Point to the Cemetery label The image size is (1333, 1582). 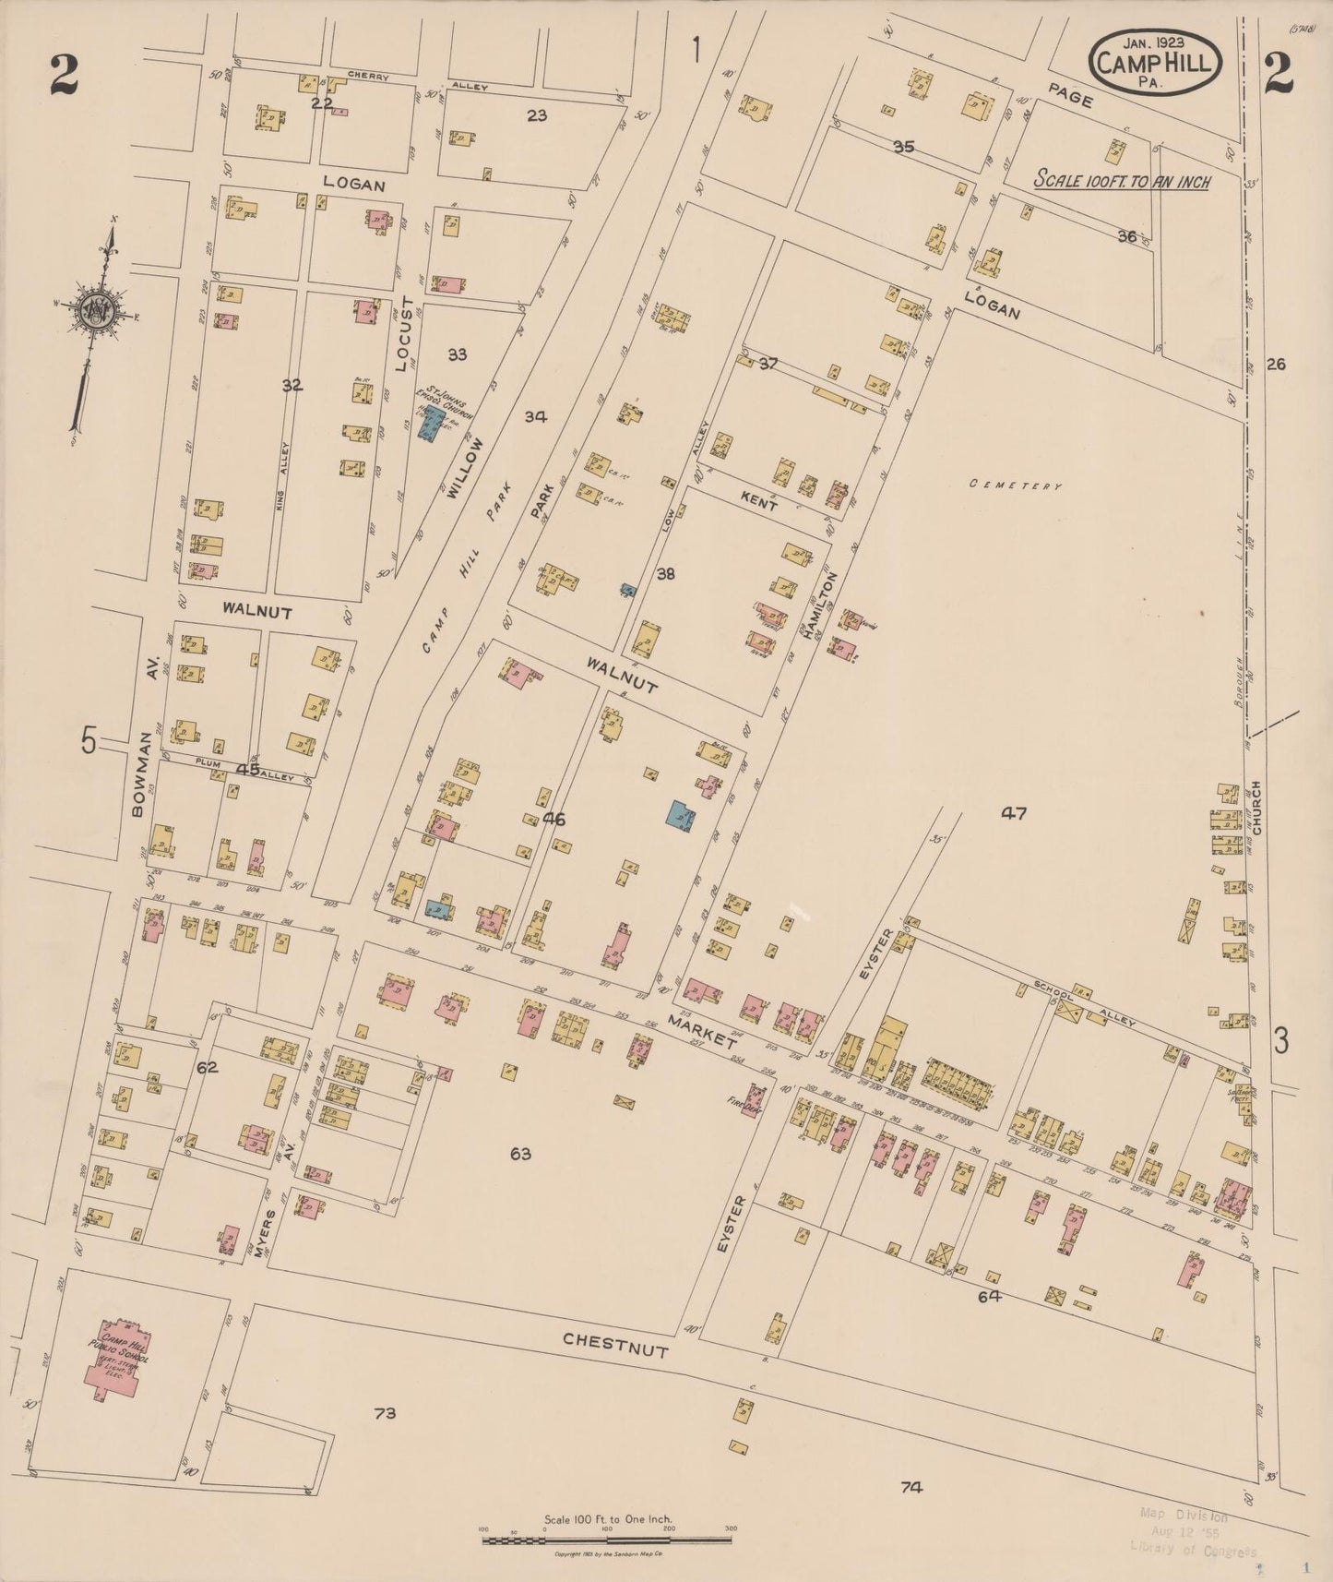click(1018, 485)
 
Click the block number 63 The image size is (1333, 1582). click(521, 1154)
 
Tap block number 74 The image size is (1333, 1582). click(911, 1486)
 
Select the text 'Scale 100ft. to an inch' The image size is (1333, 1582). click(1121, 182)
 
